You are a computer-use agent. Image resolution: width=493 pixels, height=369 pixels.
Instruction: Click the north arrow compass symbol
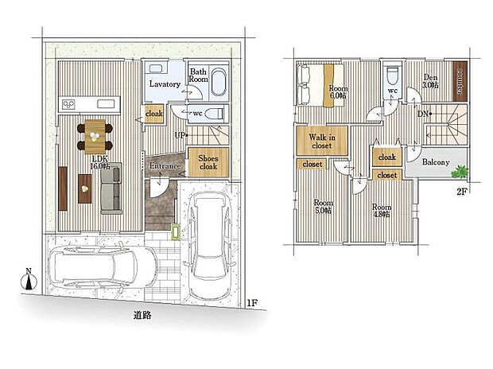pos(29,279)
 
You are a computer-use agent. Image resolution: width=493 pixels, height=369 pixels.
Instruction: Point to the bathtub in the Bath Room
pos(215,83)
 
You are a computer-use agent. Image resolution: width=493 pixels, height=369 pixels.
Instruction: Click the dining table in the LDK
pos(95,134)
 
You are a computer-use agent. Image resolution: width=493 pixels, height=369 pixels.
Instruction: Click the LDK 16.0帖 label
pos(99,162)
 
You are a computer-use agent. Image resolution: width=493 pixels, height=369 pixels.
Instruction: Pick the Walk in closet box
pos(312,142)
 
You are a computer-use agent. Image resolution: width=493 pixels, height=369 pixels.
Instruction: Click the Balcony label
pos(435,163)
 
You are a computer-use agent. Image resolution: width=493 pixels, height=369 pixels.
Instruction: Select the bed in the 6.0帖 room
pos(313,82)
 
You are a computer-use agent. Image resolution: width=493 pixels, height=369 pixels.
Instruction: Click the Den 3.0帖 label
pos(430,80)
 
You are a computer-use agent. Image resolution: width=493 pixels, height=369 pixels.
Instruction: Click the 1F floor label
pos(251,303)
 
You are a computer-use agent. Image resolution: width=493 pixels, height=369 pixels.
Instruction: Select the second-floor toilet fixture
pos(392,78)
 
